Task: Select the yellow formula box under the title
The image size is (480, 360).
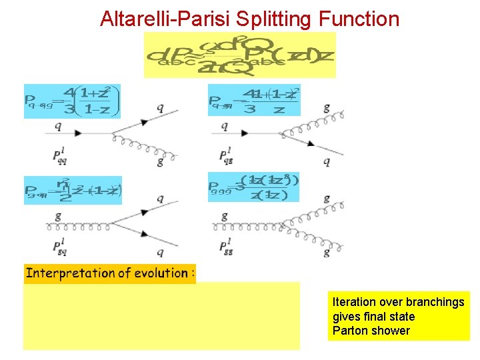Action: pos(240,55)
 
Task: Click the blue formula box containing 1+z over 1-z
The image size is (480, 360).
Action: pos(72,101)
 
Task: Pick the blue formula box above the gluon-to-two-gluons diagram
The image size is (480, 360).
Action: pos(254,186)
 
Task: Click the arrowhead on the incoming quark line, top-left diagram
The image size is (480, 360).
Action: pos(78,133)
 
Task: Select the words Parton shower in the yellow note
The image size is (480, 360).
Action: pos(371,331)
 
